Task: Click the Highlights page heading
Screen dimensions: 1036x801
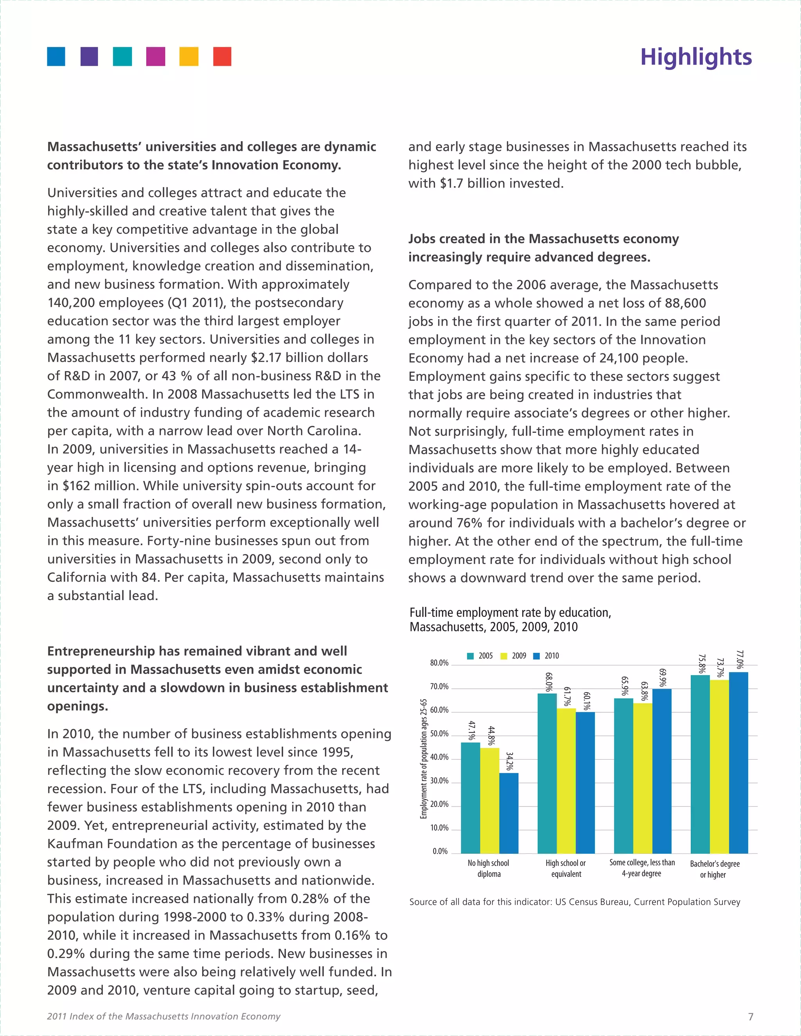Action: (x=696, y=57)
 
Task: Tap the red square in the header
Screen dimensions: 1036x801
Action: (x=222, y=56)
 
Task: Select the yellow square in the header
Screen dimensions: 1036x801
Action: (x=189, y=56)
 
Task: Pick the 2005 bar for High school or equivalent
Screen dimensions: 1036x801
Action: (x=547, y=773)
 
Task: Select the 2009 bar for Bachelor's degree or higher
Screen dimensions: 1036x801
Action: (x=719, y=767)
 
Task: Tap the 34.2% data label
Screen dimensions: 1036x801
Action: (x=510, y=761)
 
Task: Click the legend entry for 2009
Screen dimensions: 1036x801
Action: (x=514, y=656)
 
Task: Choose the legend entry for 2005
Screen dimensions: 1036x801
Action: (x=480, y=656)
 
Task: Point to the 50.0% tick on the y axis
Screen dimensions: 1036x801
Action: (x=439, y=733)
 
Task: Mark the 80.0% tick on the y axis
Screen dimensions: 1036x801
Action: (x=439, y=663)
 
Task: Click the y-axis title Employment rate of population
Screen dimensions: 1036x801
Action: (x=424, y=758)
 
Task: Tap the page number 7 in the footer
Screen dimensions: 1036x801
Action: (x=750, y=1016)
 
